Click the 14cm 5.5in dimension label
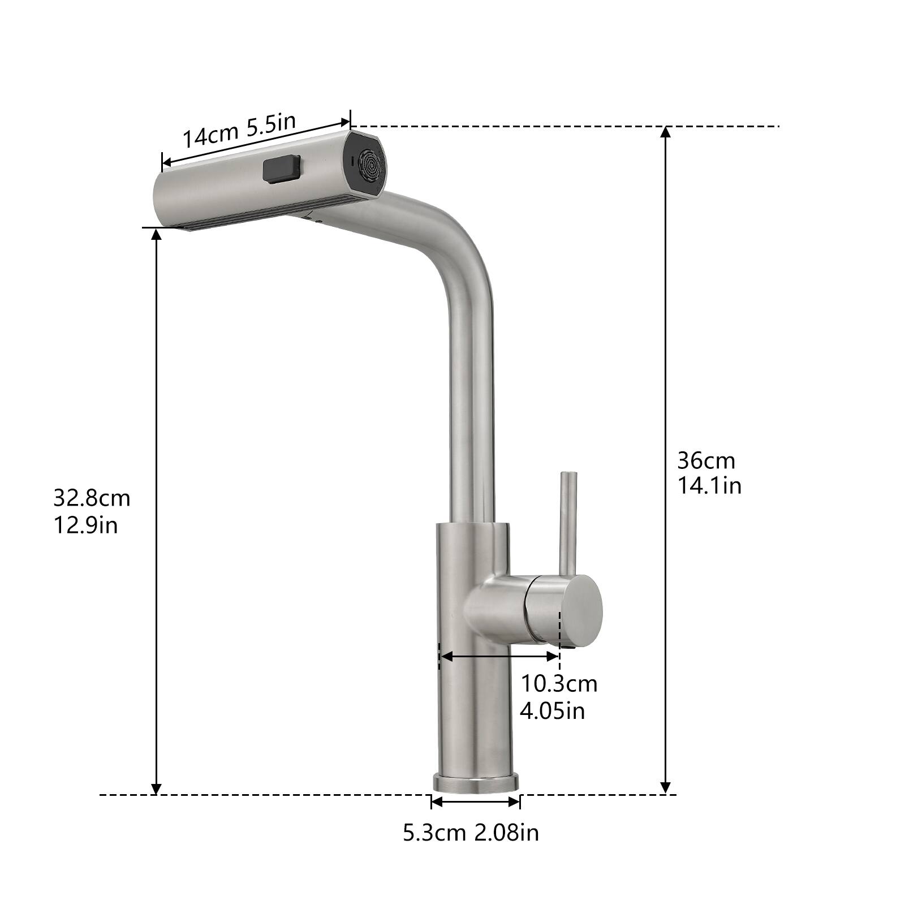point(239,131)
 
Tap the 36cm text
point(706,461)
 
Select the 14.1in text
point(709,486)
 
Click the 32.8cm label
point(92,498)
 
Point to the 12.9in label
point(85,525)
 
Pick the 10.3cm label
point(558,683)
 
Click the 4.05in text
point(552,710)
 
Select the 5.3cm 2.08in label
point(471,833)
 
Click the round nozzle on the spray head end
point(372,165)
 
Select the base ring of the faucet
point(476,783)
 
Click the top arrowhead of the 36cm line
point(666,132)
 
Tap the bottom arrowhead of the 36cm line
point(666,787)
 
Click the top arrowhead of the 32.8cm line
point(157,234)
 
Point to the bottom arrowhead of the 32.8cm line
point(157,788)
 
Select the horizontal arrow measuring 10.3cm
point(499,656)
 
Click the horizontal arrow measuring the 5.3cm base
point(475,801)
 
